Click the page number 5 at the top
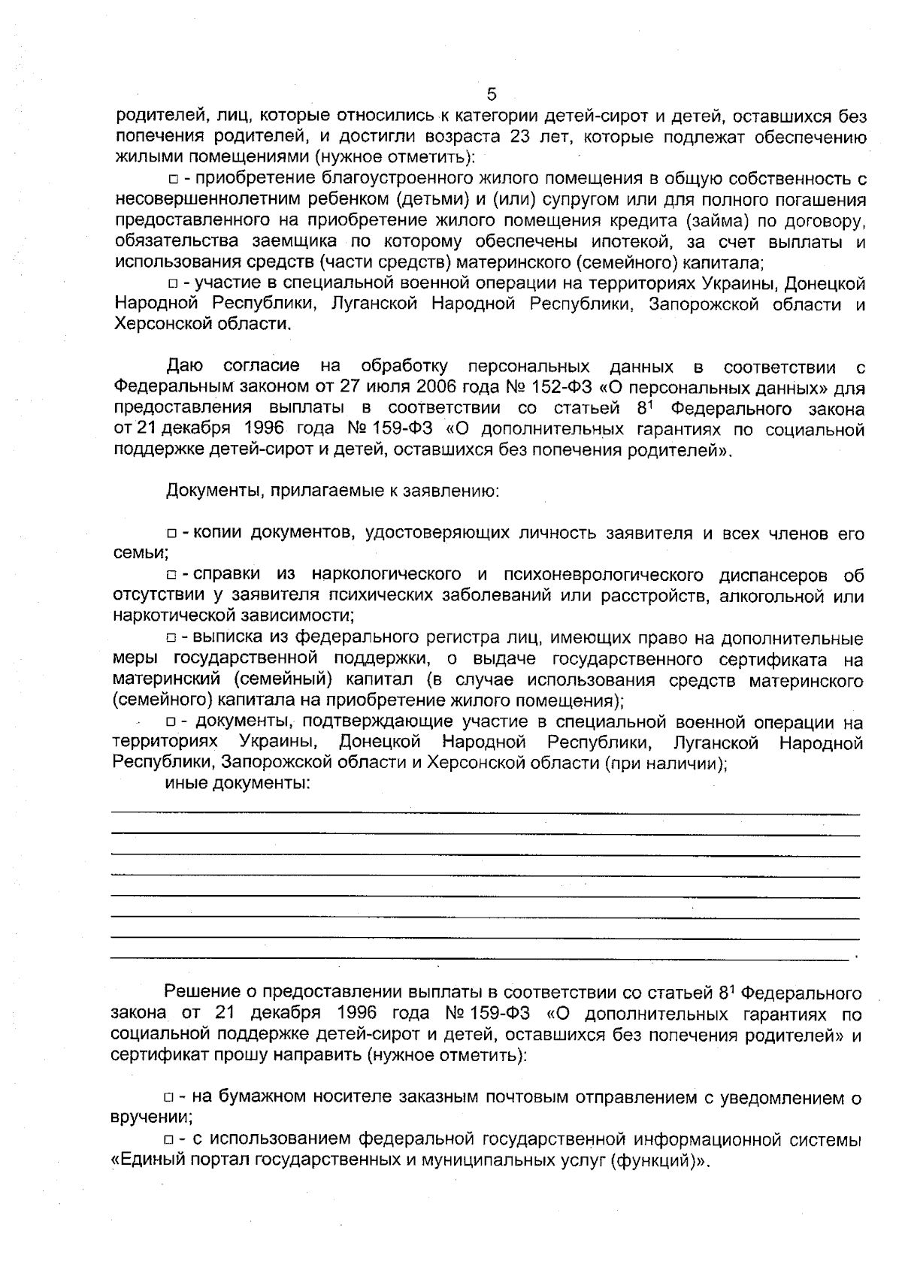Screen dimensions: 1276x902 [492, 94]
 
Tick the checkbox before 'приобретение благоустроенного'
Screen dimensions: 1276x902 [173, 180]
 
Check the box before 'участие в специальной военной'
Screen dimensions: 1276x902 [173, 284]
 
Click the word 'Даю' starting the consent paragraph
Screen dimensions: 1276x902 [184, 367]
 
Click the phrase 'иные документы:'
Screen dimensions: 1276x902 [238, 785]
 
